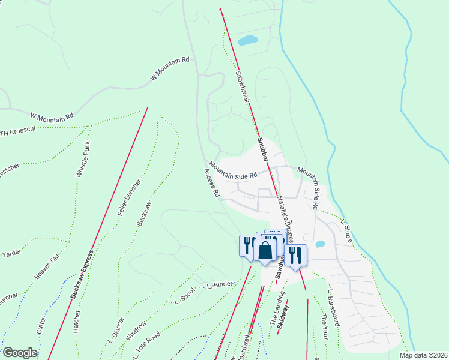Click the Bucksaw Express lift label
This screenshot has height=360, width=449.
82,273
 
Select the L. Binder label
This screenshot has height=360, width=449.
219,284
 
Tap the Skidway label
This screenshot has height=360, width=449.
285,318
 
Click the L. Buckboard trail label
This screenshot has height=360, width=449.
334,308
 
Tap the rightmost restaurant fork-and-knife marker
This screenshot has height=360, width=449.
297,255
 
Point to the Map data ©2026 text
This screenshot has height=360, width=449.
423,355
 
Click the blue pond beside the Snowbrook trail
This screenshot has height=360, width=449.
247,41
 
